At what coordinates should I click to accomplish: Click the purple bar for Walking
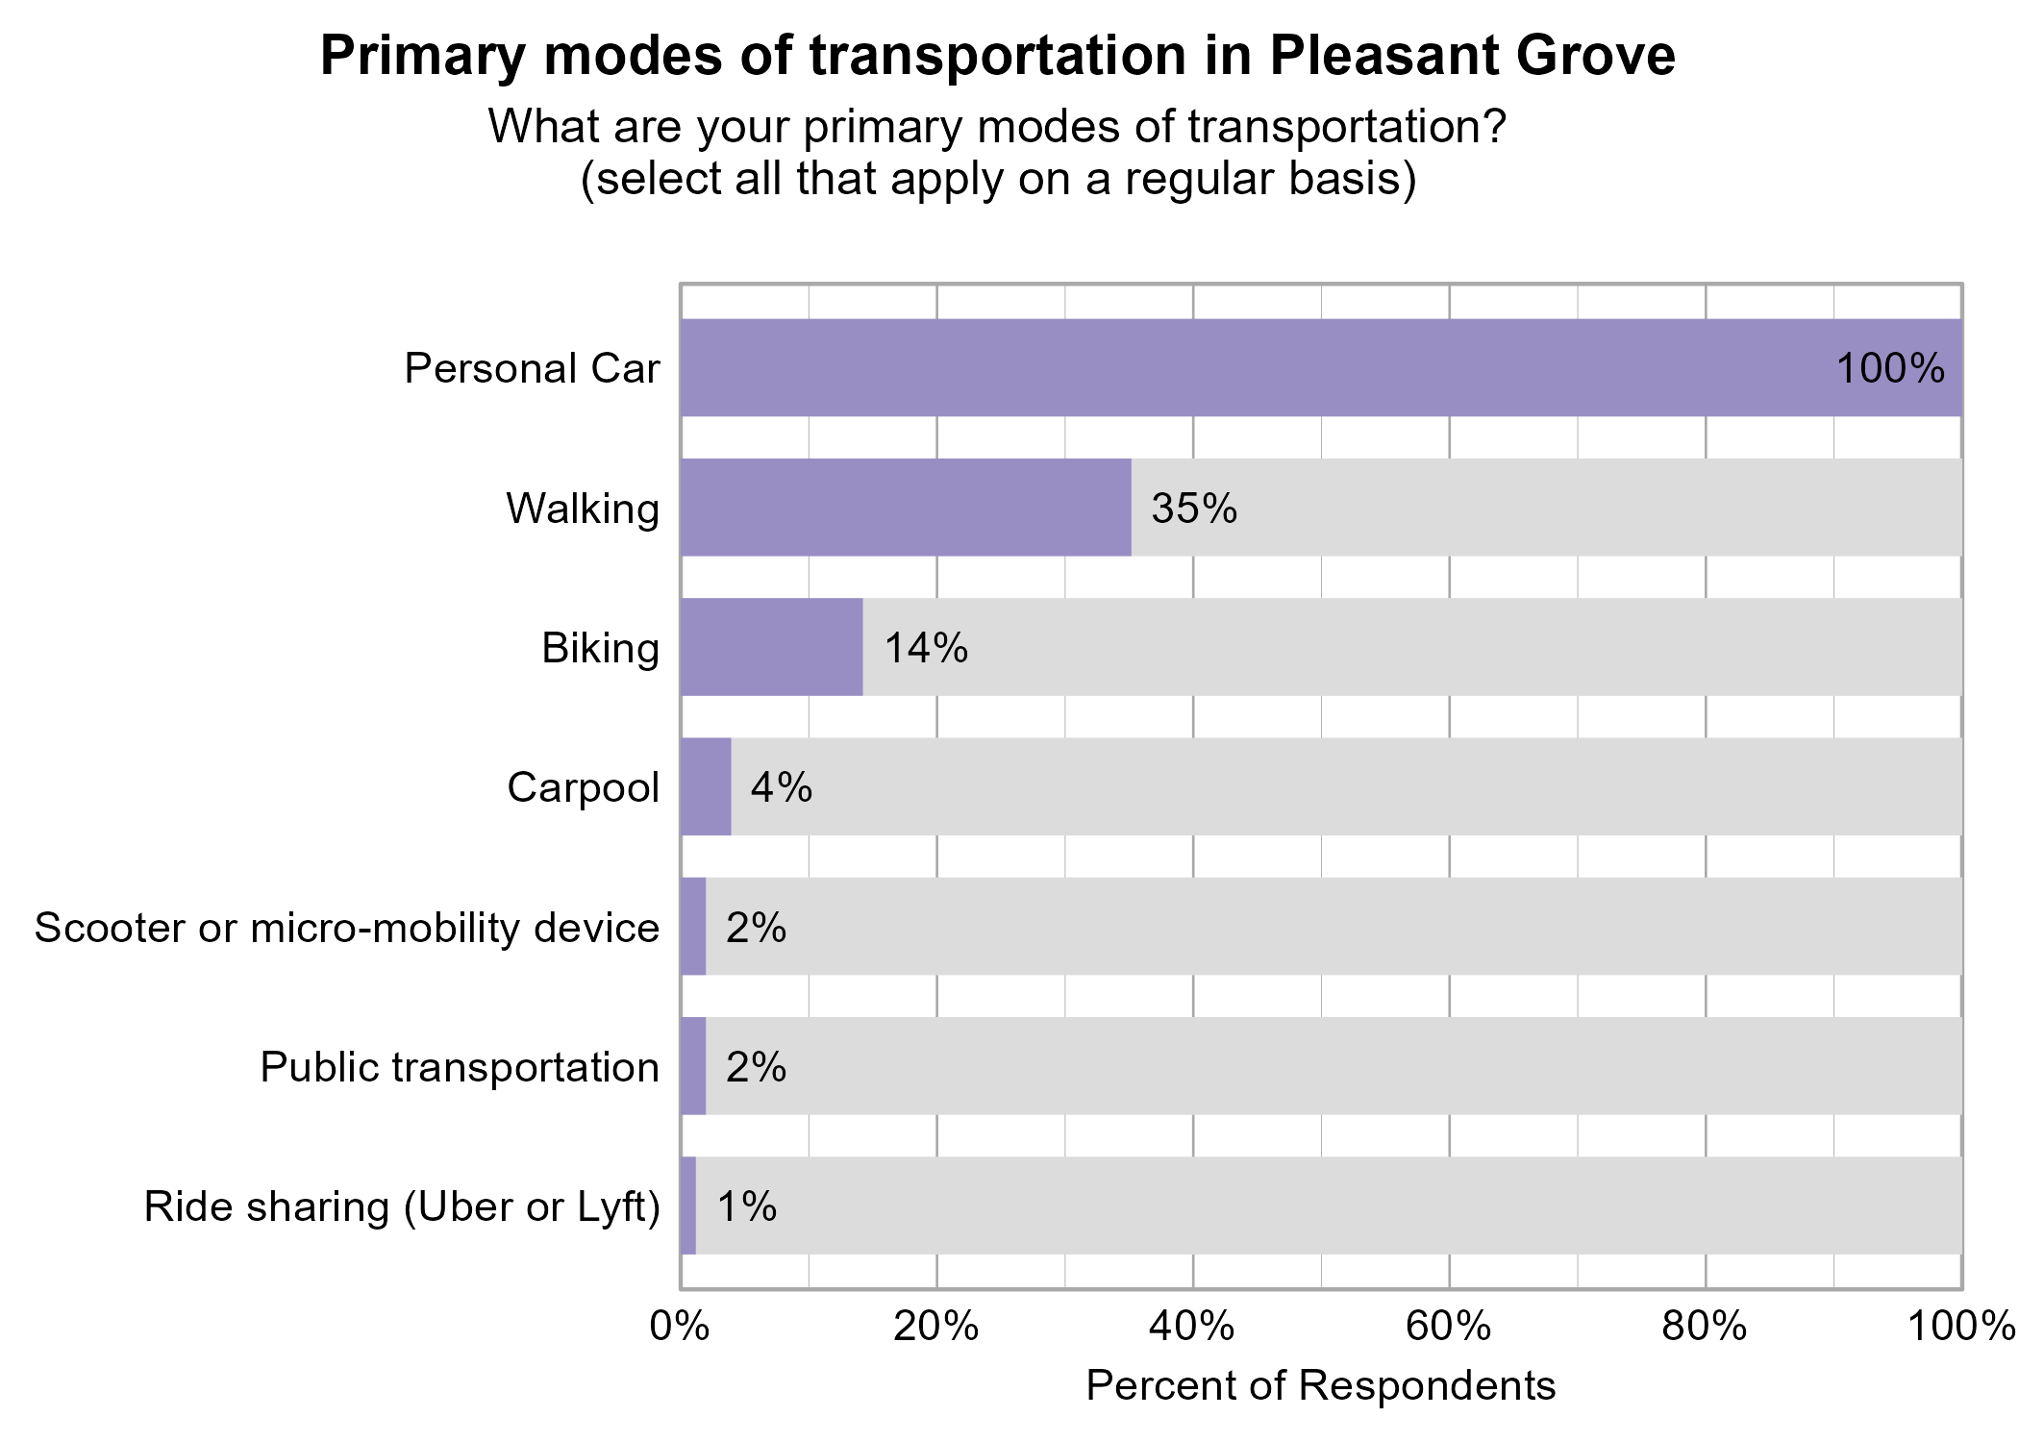906,508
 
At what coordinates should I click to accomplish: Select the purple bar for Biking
771,647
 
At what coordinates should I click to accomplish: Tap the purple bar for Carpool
706,786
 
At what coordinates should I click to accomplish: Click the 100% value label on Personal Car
1890,369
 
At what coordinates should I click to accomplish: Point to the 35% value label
1194,509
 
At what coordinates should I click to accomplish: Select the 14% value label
926,648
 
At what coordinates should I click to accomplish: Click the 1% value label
746,1206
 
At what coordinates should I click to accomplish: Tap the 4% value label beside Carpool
781,787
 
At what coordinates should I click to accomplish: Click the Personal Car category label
532,369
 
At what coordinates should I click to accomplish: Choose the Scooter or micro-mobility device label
347,928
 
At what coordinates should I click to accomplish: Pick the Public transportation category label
460,1067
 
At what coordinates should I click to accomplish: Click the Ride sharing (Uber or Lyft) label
402,1206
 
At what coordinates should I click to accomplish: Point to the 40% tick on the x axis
1192,1327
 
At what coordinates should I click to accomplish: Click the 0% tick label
680,1327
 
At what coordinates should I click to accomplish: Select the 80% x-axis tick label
1705,1327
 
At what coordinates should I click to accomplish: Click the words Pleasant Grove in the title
1472,56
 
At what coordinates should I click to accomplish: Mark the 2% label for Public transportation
756,1067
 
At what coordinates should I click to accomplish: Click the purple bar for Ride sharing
688,1206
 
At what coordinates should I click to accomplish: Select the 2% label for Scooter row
756,928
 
